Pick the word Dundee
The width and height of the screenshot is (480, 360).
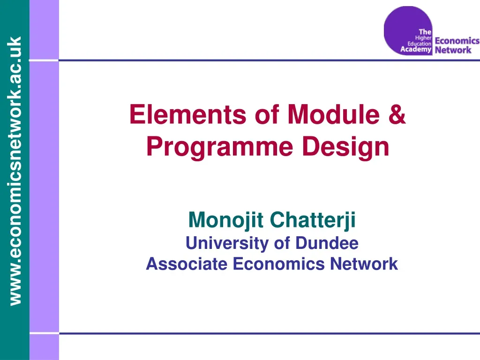(x=327, y=243)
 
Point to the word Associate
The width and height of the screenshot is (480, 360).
(x=187, y=264)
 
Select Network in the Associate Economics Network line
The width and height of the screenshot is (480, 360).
(x=363, y=264)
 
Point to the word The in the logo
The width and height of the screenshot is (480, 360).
(x=425, y=31)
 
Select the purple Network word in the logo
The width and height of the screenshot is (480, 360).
(x=453, y=49)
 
